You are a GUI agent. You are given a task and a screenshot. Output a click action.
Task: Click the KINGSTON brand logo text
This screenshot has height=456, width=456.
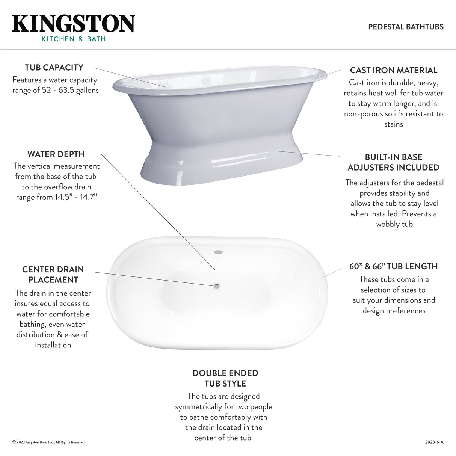[73, 24]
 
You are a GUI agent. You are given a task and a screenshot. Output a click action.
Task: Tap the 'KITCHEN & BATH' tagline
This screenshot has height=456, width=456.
[74, 39]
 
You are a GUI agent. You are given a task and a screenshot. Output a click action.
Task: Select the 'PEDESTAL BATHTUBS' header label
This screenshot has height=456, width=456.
[406, 27]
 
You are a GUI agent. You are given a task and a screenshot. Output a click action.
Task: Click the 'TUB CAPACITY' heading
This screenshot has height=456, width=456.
[54, 68]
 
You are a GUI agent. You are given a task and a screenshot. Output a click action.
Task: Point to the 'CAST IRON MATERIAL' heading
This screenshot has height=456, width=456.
[394, 70]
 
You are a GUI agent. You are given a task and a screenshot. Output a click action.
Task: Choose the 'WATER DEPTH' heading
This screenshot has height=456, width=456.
[56, 154]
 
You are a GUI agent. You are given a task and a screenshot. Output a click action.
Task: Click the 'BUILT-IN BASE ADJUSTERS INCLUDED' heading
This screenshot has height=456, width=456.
[394, 162]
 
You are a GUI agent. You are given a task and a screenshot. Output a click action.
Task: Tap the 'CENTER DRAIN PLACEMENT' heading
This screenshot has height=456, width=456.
[53, 275]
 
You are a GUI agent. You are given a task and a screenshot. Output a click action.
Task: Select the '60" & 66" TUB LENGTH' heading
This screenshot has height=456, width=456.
[394, 267]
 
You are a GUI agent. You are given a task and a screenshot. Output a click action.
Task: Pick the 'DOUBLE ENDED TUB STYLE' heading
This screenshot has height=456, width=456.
[225, 378]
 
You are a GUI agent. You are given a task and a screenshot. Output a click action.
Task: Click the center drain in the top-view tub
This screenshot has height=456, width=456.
[217, 287]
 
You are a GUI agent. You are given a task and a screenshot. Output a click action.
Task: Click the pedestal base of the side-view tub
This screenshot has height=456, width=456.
[222, 165]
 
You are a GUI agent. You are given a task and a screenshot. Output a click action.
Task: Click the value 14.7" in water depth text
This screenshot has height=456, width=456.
[88, 198]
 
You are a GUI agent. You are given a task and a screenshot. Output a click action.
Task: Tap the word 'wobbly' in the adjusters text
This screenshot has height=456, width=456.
[387, 224]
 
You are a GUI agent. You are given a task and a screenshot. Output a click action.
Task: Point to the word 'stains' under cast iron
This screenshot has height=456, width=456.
[394, 124]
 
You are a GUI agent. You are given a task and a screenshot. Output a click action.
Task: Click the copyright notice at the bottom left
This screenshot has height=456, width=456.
[49, 442]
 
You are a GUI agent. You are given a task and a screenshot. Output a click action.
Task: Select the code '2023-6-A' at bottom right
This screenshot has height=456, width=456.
[434, 442]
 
